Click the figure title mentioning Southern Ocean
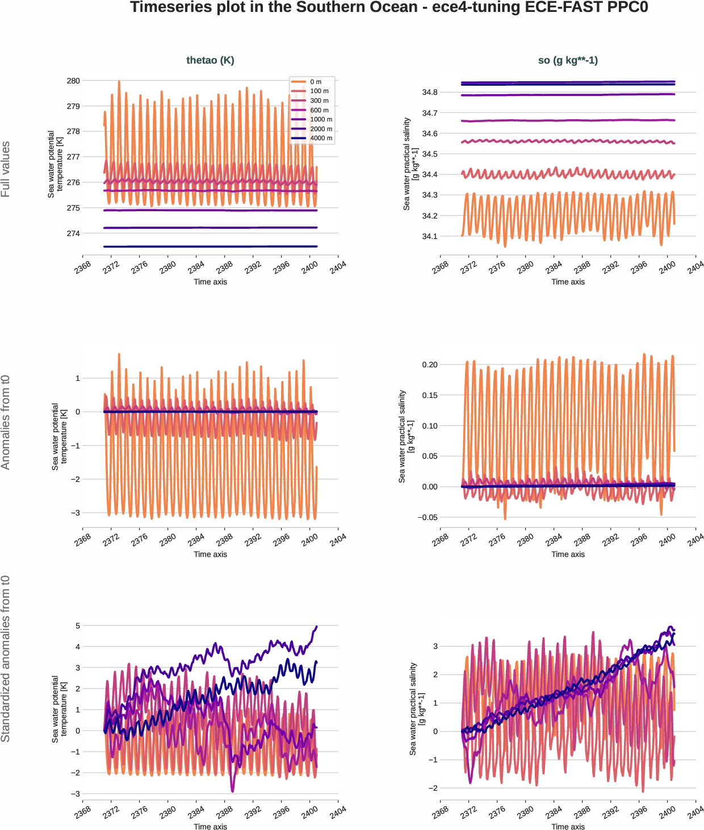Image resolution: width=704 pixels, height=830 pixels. click(389, 7)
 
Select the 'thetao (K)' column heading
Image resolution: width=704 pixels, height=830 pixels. click(210, 60)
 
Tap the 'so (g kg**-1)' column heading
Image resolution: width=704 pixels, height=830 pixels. click(568, 60)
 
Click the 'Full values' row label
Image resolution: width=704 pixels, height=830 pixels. click(6, 169)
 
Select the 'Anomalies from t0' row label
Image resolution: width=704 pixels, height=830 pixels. click(6, 422)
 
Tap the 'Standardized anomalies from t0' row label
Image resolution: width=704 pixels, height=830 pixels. click(6, 659)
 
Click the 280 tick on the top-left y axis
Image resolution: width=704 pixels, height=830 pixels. click(73, 81)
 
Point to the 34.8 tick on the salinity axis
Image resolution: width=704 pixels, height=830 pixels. click(430, 92)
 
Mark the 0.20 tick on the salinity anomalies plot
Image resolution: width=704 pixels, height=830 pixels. click(430, 364)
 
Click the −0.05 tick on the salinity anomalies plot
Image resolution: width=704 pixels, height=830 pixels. click(428, 517)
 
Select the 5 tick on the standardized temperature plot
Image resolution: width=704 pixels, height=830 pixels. click(78, 626)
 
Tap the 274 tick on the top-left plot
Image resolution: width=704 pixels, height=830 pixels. click(73, 233)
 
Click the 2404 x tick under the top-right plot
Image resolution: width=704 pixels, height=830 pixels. click(695, 267)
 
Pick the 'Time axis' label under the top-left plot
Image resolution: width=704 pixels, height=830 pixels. click(210, 282)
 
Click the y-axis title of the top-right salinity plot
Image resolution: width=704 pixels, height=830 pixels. click(410, 164)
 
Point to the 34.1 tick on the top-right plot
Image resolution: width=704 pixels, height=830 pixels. click(430, 236)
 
